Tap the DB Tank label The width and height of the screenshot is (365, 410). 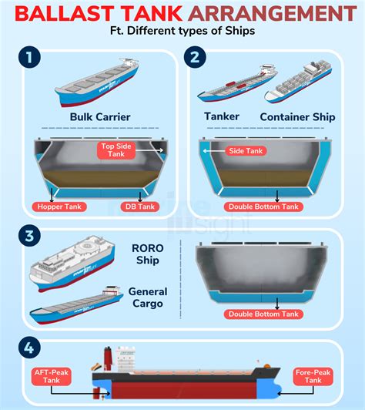(139, 207)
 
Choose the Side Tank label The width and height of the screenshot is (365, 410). (245, 151)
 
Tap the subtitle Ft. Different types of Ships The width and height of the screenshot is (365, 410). (182, 32)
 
